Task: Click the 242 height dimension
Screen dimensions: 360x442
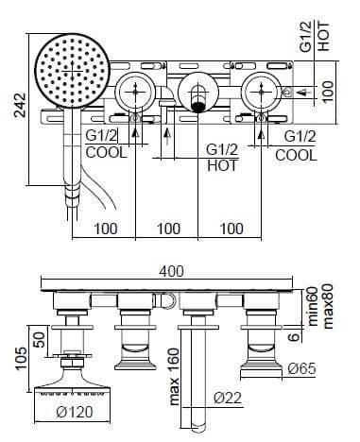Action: coord(21,105)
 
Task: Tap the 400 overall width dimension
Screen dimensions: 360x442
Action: coord(171,271)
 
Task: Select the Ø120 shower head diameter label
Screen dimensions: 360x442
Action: coord(75,412)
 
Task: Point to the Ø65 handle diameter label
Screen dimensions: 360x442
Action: coord(301,368)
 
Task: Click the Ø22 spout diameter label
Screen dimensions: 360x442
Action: coord(228,398)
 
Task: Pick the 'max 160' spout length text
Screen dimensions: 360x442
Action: coord(174,377)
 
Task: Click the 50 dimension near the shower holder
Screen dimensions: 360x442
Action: coord(40,339)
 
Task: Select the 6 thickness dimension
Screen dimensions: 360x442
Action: coord(294,337)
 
